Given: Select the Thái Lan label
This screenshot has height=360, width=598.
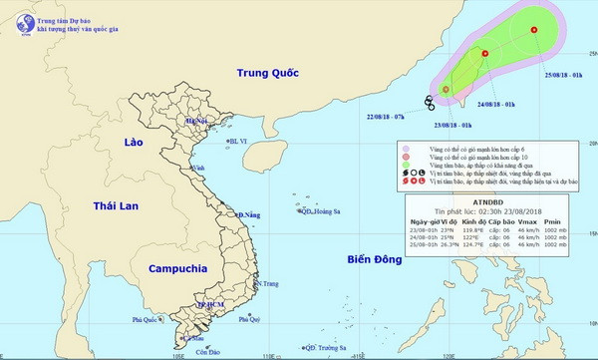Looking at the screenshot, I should click(x=115, y=205).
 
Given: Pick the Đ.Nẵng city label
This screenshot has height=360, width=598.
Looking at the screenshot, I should click(x=247, y=214).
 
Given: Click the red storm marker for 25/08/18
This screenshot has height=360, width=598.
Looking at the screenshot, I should click(x=534, y=29).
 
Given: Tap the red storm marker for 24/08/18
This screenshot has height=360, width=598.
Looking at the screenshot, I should click(x=484, y=54).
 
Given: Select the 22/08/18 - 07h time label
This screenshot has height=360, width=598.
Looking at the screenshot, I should click(x=385, y=116).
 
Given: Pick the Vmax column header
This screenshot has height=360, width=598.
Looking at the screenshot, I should click(x=528, y=221).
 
